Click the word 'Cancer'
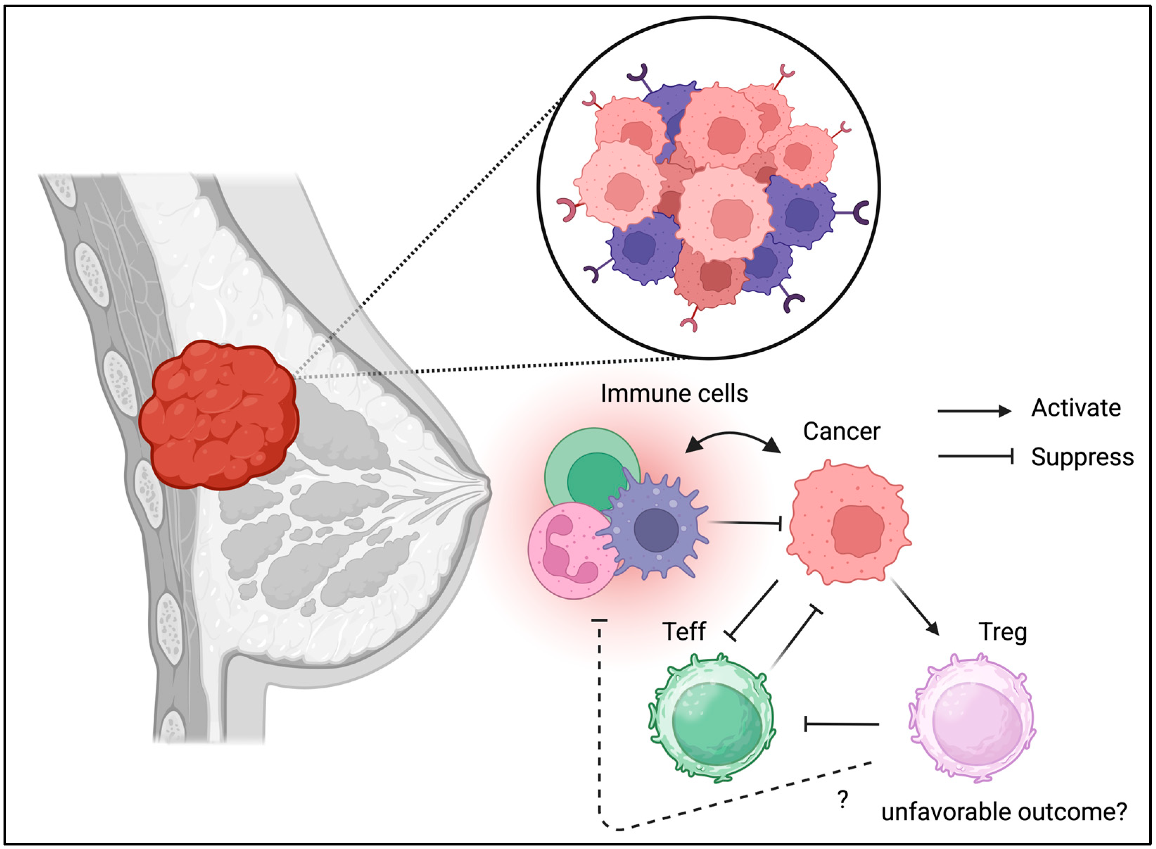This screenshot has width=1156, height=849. click(841, 432)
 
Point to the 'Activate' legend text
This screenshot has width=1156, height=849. click(1076, 408)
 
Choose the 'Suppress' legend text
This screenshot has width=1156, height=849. click(1082, 457)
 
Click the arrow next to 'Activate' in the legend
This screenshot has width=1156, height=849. click(974, 411)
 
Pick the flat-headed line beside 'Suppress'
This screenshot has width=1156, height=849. click(975, 456)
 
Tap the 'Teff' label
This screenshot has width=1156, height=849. click(684, 632)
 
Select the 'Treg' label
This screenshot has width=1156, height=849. click(1002, 632)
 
